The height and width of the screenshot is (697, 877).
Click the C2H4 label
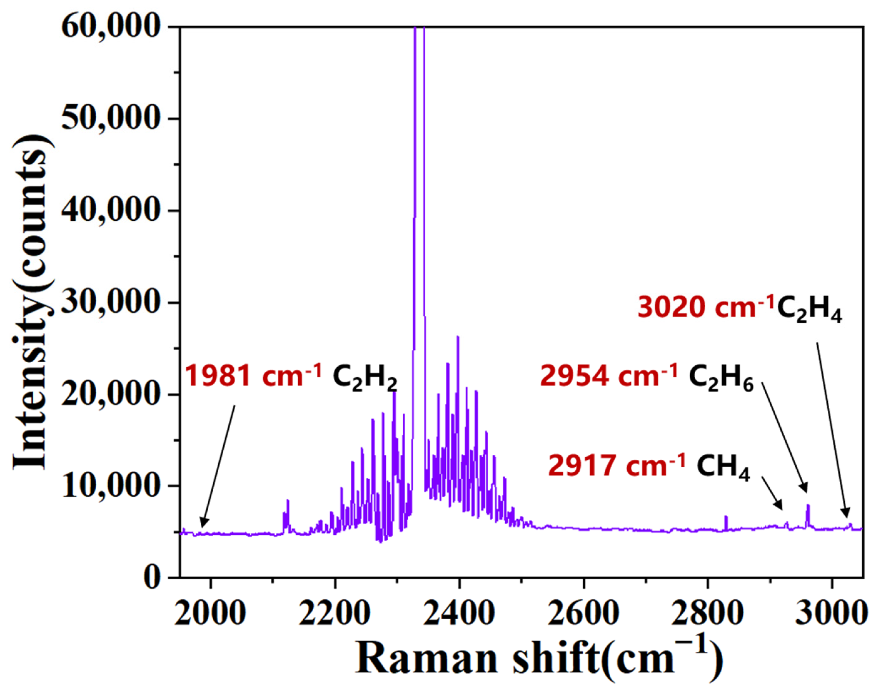(810, 309)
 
